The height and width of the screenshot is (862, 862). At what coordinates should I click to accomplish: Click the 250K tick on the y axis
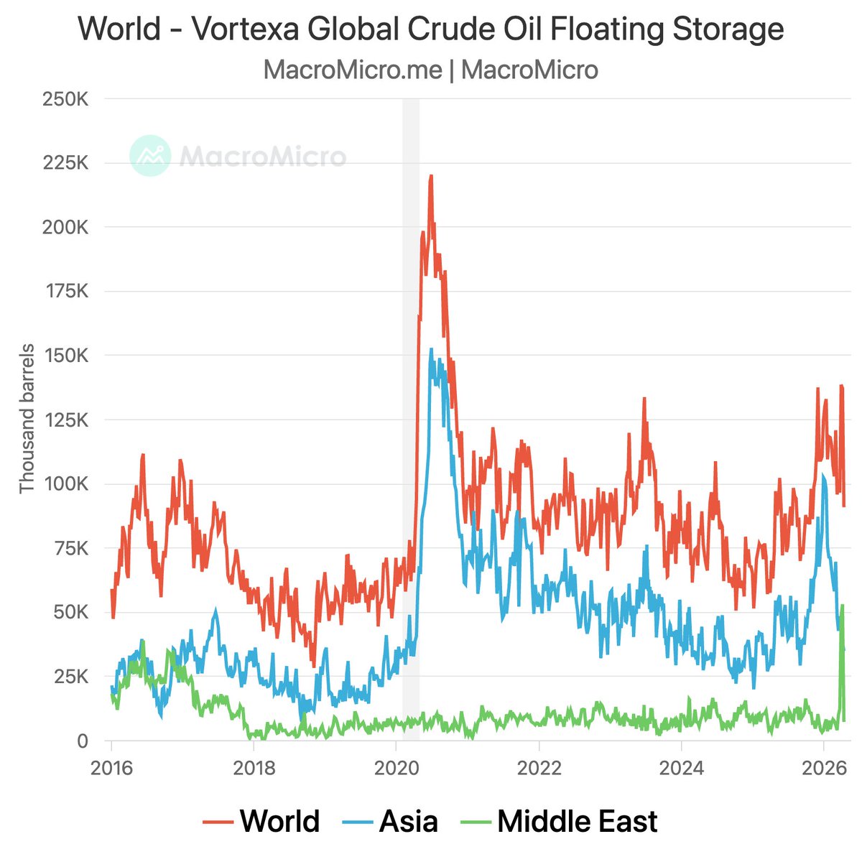[65, 99]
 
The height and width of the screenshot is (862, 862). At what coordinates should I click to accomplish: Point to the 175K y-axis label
[65, 292]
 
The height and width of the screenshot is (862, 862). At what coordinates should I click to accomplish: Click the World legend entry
[279, 820]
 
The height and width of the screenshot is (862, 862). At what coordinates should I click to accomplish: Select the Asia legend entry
[408, 820]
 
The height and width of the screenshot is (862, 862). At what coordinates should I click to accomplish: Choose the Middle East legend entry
[577, 820]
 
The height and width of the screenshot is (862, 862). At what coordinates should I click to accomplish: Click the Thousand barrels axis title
[27, 420]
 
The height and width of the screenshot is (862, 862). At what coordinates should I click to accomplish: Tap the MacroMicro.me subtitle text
[352, 70]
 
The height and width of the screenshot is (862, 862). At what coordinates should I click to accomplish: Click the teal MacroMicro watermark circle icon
[150, 155]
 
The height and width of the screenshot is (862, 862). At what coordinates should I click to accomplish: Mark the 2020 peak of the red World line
[430, 176]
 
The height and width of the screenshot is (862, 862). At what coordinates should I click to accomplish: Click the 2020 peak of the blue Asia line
[431, 351]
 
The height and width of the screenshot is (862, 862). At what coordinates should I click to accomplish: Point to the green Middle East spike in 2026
[842, 607]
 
